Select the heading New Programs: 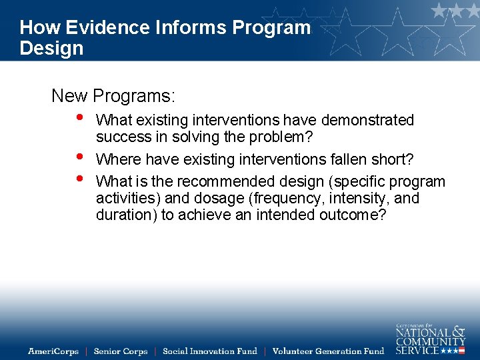pyautogui.click(x=113, y=96)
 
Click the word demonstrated pyautogui.click(x=367, y=120)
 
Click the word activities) pyautogui.click(x=127, y=199)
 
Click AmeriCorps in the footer pyautogui.click(x=53, y=351)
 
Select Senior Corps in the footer pyautogui.click(x=121, y=351)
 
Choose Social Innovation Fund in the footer pyautogui.click(x=209, y=351)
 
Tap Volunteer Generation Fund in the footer pyautogui.click(x=328, y=351)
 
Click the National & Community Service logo pyautogui.click(x=430, y=338)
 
